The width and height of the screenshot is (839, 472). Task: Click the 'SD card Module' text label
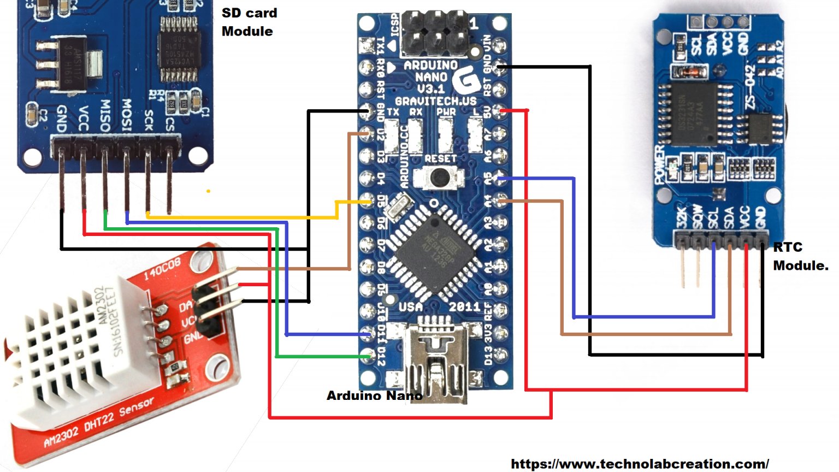pyautogui.click(x=249, y=22)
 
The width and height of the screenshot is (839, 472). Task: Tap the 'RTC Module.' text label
pyautogui.click(x=800, y=256)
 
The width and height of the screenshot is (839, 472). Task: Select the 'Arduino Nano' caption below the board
pyautogui.click(x=374, y=396)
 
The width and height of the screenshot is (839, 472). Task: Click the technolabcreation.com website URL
pyautogui.click(x=640, y=464)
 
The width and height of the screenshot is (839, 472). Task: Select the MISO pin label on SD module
pyautogui.click(x=105, y=115)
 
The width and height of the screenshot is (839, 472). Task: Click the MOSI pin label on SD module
pyautogui.click(x=127, y=115)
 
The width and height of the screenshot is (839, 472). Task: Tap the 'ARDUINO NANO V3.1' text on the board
pyautogui.click(x=431, y=77)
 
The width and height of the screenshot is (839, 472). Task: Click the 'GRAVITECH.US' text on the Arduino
pyautogui.click(x=435, y=101)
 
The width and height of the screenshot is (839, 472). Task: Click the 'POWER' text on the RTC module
pyautogui.click(x=660, y=164)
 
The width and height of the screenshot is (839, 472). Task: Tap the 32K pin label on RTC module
pyautogui.click(x=681, y=217)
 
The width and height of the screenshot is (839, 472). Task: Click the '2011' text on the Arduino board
pyautogui.click(x=464, y=307)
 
